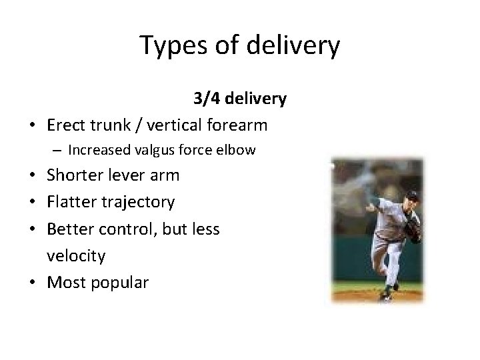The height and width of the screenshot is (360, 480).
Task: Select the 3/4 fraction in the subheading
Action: tap(207, 99)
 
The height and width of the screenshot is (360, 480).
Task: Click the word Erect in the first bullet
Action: tap(67, 124)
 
